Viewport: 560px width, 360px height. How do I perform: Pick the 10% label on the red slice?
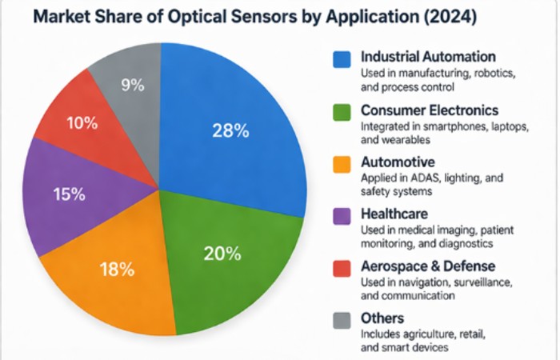coord(82,123)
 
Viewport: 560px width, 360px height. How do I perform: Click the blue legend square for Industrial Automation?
coord(342,59)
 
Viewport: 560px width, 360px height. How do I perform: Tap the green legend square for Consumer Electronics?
coord(342,112)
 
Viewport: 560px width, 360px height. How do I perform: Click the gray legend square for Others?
coord(342,320)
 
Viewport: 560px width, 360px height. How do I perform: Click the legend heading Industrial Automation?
coord(428,58)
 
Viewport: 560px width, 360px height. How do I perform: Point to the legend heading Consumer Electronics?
coord(430,110)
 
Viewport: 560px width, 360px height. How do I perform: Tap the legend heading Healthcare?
coord(394,214)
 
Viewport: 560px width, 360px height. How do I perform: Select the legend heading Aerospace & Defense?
coord(428,266)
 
